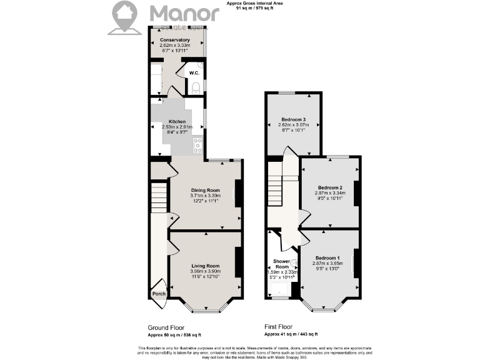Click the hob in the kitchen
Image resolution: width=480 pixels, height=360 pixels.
[198, 146]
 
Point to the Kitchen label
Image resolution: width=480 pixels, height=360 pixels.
[177, 121]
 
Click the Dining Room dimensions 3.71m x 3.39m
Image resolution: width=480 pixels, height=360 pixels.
[206, 196]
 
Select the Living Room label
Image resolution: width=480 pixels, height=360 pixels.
[205, 266]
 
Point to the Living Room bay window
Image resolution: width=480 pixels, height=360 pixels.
[205, 307]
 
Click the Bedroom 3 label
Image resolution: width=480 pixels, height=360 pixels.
[292, 119]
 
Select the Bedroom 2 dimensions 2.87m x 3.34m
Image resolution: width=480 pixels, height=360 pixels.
[329, 194]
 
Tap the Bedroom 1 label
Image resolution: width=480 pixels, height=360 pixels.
[327, 258]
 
